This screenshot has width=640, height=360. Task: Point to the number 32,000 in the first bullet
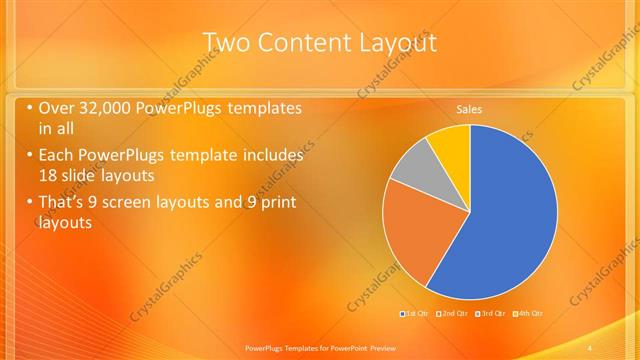108,108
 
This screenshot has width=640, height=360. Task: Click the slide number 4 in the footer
591,345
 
